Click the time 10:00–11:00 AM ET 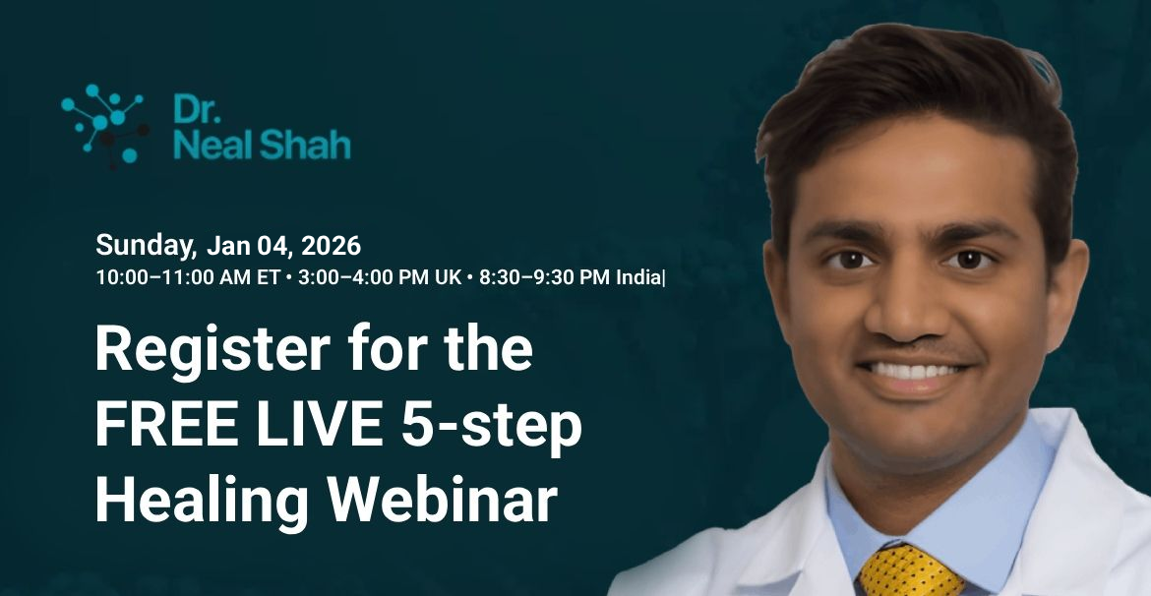point(188,277)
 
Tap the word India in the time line point(638,277)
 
